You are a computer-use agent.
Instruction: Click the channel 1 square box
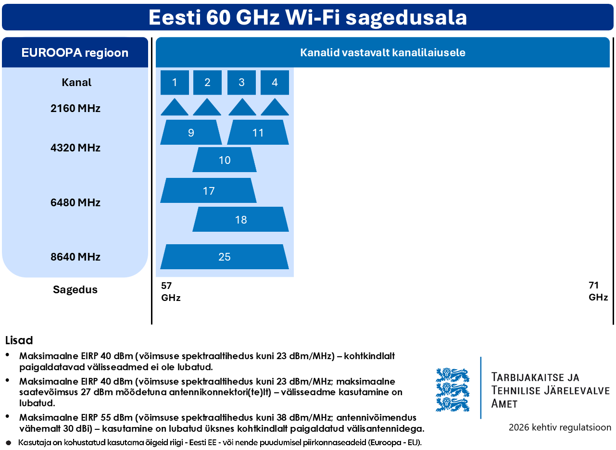click(x=175, y=83)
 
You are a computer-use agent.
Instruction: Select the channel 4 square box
click(x=275, y=83)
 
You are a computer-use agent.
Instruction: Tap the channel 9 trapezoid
click(x=191, y=132)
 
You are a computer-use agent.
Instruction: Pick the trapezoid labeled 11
click(x=258, y=132)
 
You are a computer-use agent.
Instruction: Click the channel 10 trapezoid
click(x=225, y=160)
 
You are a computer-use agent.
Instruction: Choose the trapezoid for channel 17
click(x=208, y=190)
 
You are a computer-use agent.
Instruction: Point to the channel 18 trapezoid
click(x=240, y=219)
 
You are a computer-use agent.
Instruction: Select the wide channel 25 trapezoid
click(x=225, y=257)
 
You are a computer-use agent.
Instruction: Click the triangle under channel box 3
click(x=242, y=107)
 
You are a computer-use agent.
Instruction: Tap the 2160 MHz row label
click(x=75, y=108)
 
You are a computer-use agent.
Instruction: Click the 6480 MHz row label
click(x=75, y=202)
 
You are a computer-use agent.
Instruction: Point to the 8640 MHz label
click(x=75, y=257)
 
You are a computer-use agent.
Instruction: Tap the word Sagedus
click(x=75, y=289)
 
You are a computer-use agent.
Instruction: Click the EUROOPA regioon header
click(x=75, y=52)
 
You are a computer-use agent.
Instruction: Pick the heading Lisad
click(x=19, y=340)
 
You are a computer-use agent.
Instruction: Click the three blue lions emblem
click(x=453, y=390)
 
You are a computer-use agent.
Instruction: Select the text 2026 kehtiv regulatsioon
click(x=560, y=427)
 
